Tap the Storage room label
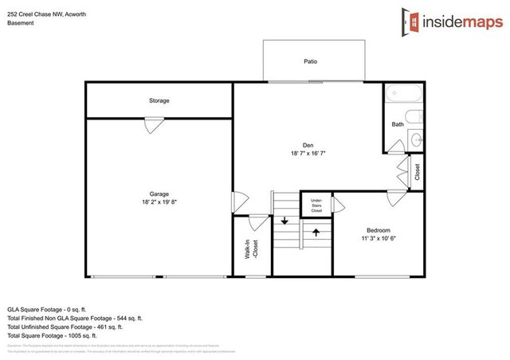[159, 101]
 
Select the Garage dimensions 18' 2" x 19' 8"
[159, 202]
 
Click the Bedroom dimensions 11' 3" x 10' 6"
[378, 237]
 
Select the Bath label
[397, 124]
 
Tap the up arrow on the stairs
[316, 233]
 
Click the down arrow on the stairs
[284, 220]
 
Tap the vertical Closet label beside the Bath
[417, 171]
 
